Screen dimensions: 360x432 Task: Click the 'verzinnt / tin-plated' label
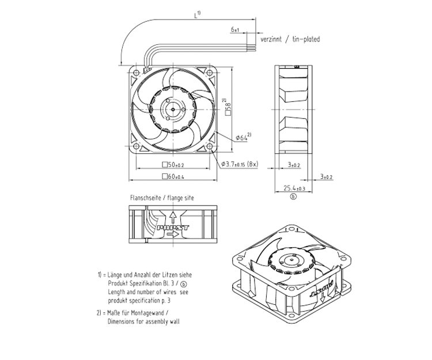coord(290,39)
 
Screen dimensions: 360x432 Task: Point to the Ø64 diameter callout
coord(242,138)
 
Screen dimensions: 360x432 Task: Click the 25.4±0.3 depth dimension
coord(294,187)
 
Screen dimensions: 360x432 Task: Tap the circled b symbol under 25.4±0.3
coord(293,196)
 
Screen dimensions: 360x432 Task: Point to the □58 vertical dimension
coord(229,107)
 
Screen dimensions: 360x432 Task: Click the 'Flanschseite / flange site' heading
coord(162,198)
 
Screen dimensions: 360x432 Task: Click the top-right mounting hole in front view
coord(209,72)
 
